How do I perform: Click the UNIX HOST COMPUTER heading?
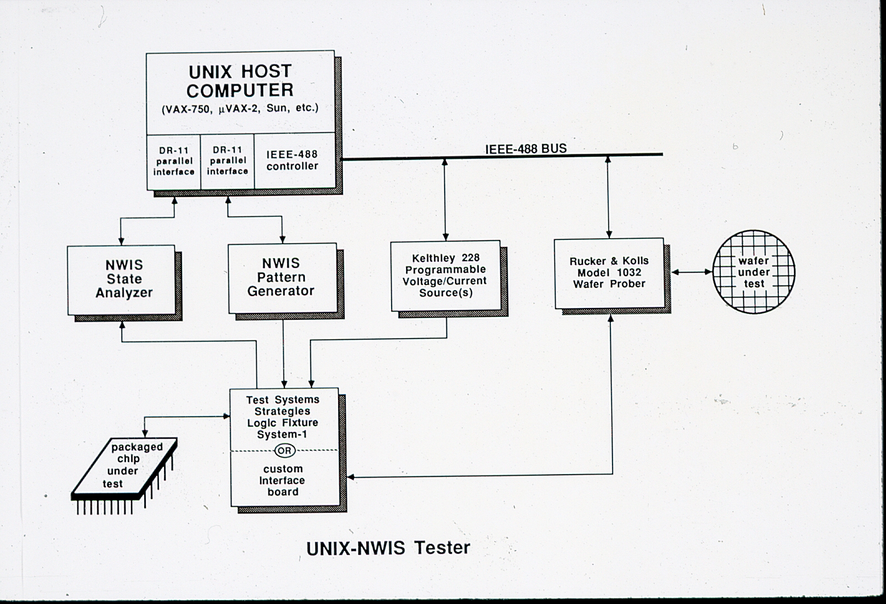(x=240, y=81)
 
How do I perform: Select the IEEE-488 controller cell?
(x=292, y=160)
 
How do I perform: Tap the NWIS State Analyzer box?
(x=124, y=279)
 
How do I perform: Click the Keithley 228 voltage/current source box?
(x=445, y=275)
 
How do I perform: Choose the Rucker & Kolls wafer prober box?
(x=609, y=273)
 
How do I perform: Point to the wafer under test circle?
(x=753, y=272)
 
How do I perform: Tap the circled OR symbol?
(x=284, y=450)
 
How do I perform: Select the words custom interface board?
(x=283, y=480)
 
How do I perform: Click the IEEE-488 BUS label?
(x=526, y=148)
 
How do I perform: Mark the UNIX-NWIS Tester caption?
(x=388, y=548)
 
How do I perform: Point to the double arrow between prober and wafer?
(x=692, y=272)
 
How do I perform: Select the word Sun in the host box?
(x=276, y=108)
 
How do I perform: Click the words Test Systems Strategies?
(x=282, y=405)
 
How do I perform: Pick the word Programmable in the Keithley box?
(x=445, y=269)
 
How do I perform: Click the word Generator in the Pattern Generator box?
(x=281, y=291)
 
